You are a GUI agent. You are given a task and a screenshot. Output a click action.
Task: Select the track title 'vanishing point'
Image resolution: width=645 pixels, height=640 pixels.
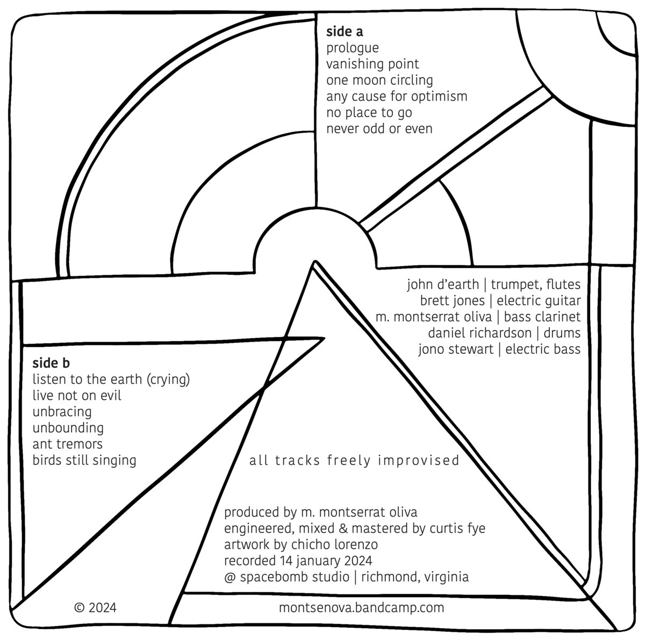[x=372, y=64]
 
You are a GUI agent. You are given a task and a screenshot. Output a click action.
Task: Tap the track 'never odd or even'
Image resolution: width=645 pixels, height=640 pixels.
[x=379, y=129]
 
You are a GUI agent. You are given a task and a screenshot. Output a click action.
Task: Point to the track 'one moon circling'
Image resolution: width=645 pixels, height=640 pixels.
[x=379, y=81]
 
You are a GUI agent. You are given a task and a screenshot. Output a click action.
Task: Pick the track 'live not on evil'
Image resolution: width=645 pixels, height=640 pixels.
[x=77, y=396]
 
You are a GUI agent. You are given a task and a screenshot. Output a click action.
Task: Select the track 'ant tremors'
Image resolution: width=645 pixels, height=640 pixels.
[x=67, y=444]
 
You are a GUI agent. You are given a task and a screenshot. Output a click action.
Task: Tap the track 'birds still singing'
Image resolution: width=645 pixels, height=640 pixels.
[x=84, y=460]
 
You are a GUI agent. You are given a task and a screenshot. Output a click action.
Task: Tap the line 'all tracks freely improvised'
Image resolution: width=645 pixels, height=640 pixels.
[x=354, y=461]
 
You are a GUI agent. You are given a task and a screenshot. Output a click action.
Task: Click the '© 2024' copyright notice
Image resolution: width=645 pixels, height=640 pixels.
[x=95, y=608]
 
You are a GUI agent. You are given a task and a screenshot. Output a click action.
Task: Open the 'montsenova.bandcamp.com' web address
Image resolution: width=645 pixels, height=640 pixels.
[x=362, y=608]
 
